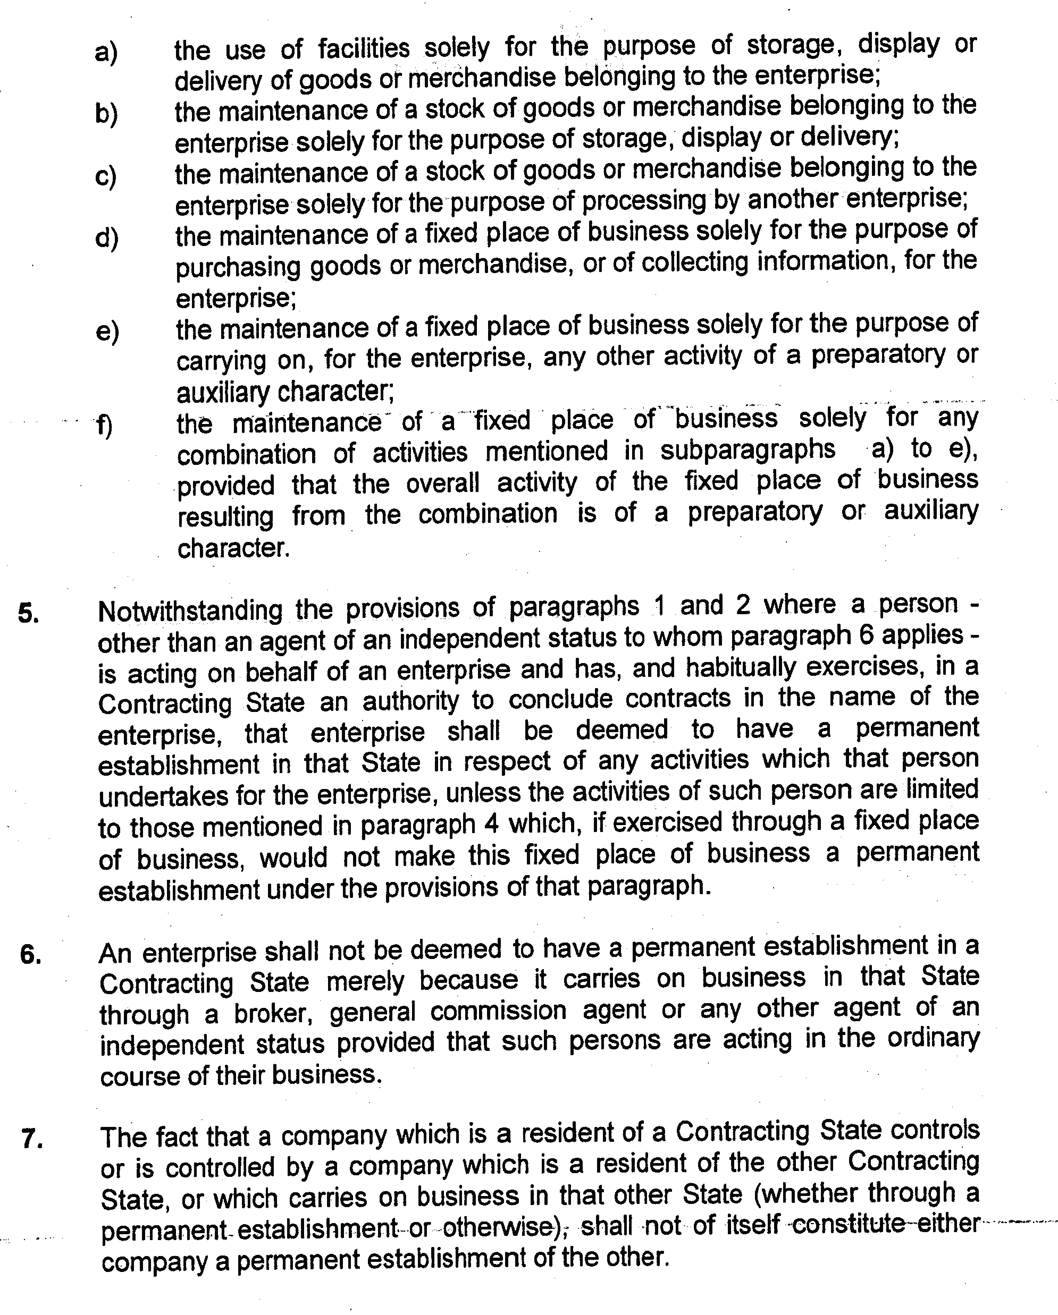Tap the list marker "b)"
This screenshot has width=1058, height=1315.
(106, 114)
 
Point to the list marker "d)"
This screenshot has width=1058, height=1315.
(107, 238)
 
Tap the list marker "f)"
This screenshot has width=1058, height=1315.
(104, 425)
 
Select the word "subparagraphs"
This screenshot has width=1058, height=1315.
(748, 450)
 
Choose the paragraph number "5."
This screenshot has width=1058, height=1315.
(29, 613)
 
